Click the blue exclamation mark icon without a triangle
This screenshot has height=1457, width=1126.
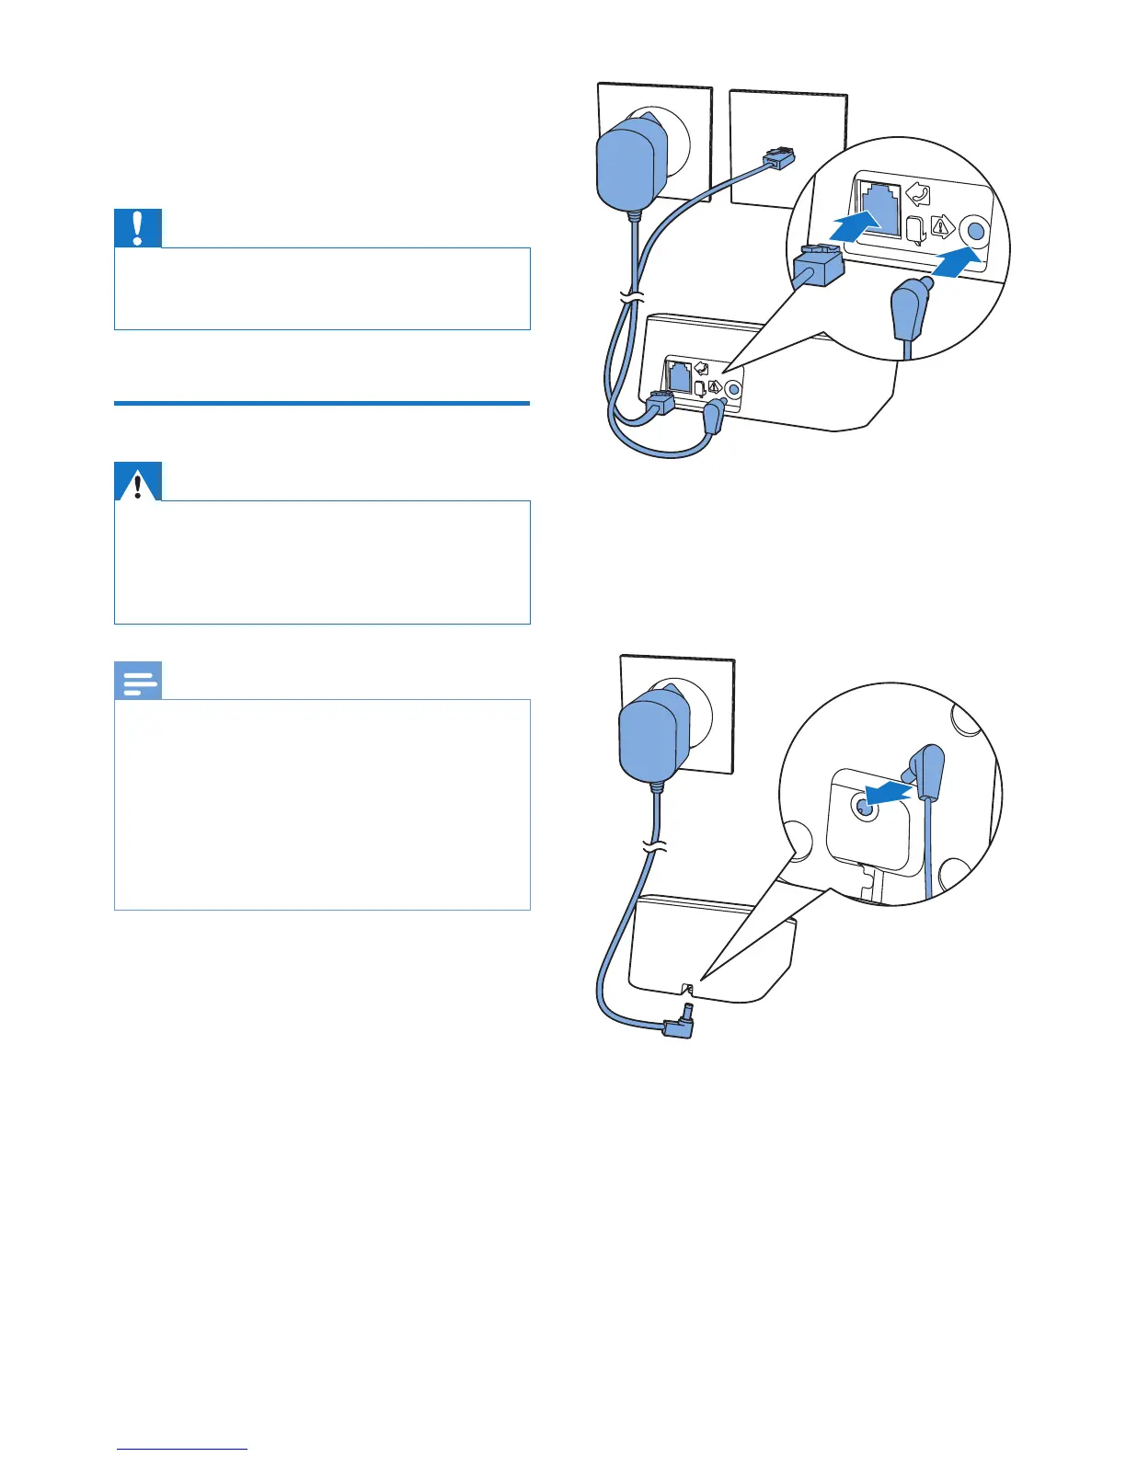point(138,228)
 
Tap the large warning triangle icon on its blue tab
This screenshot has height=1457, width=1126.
point(138,482)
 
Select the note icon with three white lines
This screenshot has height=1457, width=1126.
point(138,682)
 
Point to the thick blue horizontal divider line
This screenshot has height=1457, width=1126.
point(322,403)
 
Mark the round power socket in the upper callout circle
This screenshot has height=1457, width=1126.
point(974,230)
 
